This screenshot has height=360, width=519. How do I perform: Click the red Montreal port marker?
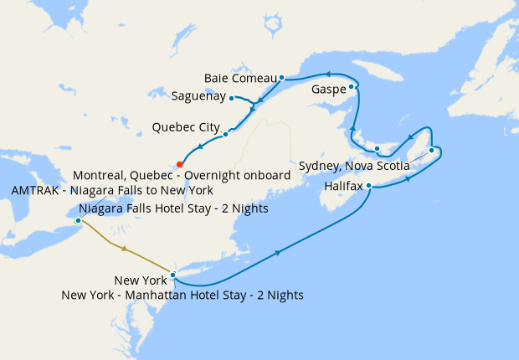[x=180, y=164]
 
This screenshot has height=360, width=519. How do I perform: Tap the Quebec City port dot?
[x=226, y=134]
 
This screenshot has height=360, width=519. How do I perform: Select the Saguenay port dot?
[x=231, y=99]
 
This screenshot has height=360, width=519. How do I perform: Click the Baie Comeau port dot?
[x=282, y=77]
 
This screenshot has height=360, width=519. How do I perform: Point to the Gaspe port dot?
[x=352, y=86]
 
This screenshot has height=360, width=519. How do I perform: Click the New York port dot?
[x=172, y=275]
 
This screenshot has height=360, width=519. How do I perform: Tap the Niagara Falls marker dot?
[x=78, y=221]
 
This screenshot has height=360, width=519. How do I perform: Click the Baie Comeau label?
[x=240, y=79]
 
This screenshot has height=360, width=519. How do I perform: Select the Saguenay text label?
[x=198, y=96]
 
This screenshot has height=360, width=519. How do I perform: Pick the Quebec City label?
[x=186, y=128]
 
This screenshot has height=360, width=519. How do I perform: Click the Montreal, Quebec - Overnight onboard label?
[x=182, y=176]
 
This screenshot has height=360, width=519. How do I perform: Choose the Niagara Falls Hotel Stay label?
[x=173, y=208]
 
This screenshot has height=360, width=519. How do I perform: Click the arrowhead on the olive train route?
[x=125, y=249]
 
